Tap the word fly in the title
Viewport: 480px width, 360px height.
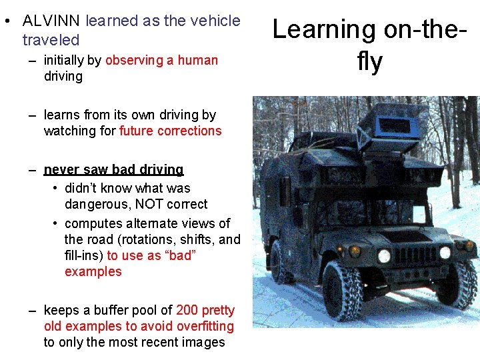(369, 62)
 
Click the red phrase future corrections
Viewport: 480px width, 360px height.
(170, 131)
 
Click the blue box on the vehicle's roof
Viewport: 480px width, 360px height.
(395, 126)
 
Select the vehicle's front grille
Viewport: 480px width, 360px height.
(416, 255)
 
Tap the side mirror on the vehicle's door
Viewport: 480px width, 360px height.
(285, 191)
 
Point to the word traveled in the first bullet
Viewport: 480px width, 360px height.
(51, 40)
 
